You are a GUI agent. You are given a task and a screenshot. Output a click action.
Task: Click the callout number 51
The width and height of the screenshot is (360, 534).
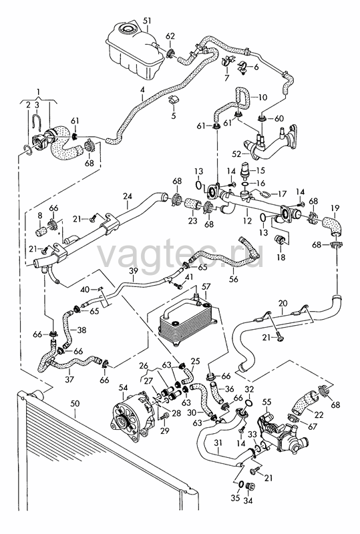pyautogui.click(x=146, y=21)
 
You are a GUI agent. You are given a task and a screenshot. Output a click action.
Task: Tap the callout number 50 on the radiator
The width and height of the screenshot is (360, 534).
pyautogui.click(x=75, y=405)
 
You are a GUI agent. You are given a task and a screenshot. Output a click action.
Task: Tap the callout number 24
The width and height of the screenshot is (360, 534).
pyautogui.click(x=128, y=196)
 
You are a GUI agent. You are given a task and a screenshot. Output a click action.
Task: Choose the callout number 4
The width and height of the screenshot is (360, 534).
pyautogui.click(x=142, y=90)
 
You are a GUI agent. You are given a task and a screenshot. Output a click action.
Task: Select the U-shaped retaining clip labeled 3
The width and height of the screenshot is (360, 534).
pyautogui.click(x=37, y=121)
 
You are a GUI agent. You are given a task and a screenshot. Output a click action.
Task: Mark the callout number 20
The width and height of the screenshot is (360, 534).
pyautogui.click(x=283, y=303)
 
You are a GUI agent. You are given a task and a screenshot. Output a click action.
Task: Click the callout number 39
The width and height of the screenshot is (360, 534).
pyautogui.click(x=134, y=271)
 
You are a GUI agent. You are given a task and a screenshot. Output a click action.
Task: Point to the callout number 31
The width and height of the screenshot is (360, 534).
pyautogui.click(x=218, y=443)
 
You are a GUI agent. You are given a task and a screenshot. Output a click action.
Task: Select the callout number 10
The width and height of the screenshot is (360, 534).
pyautogui.click(x=262, y=97)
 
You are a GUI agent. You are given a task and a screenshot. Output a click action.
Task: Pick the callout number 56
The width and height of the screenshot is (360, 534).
pyautogui.click(x=234, y=279)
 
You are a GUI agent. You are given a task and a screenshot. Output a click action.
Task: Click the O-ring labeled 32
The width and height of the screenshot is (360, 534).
pyautogui.click(x=249, y=405)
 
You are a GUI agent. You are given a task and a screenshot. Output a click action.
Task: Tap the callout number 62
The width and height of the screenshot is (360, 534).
pyautogui.click(x=170, y=36)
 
